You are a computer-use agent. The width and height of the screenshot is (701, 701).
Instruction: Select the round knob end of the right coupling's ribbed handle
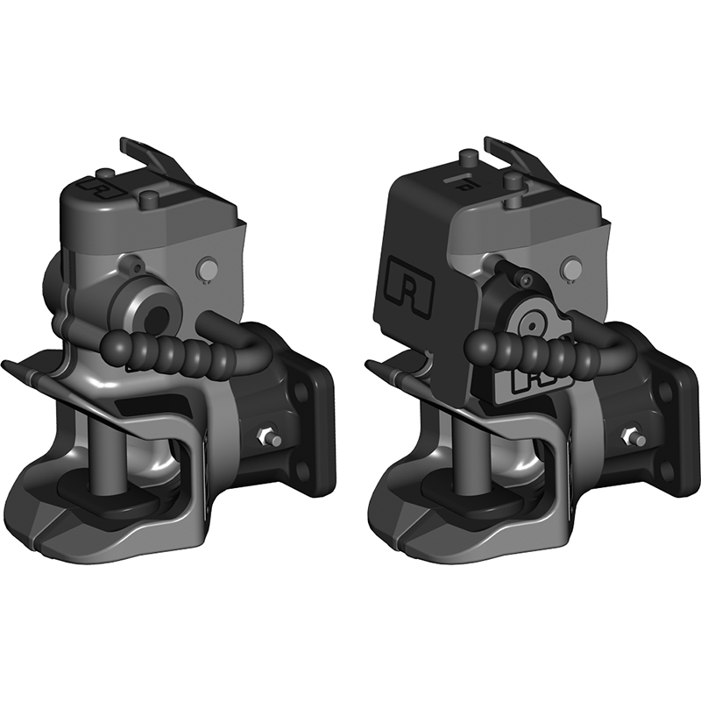(x=482, y=343)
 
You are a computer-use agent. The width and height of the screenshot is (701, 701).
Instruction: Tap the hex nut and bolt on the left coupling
(x=265, y=435)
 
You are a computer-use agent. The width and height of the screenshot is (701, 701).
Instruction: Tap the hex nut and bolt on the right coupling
(x=628, y=435)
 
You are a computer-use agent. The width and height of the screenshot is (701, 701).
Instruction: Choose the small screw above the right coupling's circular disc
(x=525, y=279)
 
